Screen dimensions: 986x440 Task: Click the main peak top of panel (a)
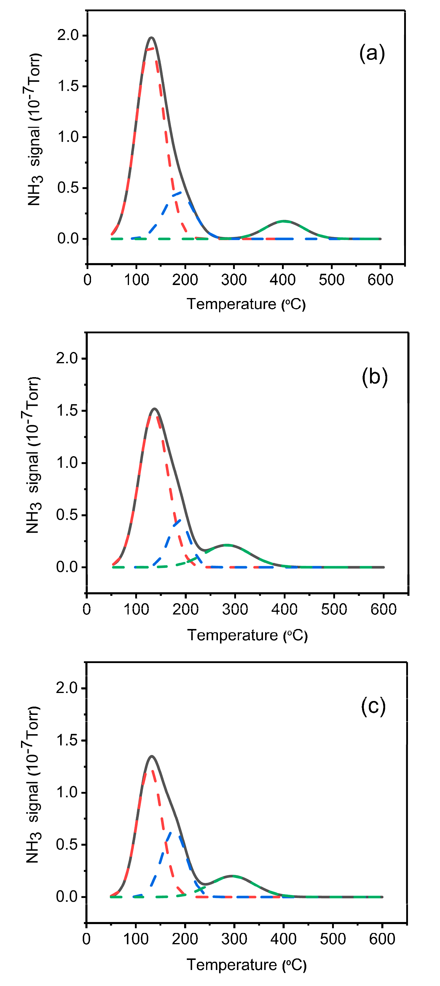[152, 38]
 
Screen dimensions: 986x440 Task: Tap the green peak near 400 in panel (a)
[283, 221]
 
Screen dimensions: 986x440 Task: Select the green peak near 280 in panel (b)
[227, 545]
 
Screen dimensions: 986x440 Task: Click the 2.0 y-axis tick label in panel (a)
[68, 35]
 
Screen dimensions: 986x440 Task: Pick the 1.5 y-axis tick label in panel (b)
[67, 411]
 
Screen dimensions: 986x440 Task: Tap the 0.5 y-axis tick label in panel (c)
[67, 845]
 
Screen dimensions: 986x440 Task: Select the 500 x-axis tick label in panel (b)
[334, 609]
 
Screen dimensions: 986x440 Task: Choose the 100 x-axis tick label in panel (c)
[135, 939]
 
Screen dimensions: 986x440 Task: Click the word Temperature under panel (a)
[231, 304]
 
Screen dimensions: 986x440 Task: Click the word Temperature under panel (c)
[231, 965]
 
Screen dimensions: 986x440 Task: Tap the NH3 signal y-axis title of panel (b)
[33, 455]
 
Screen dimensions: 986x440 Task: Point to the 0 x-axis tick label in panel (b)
[87, 609]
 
